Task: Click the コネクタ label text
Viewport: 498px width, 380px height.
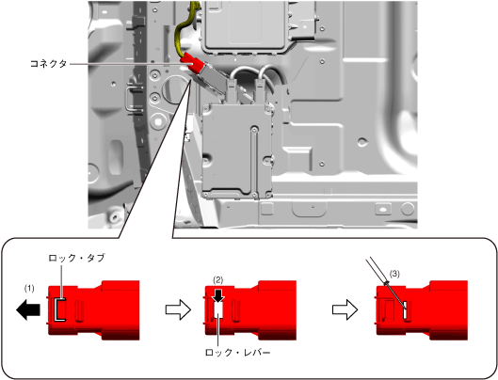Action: tap(48, 64)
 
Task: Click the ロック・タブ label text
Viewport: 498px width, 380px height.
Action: tap(76, 258)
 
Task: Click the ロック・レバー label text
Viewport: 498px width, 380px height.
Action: tap(238, 353)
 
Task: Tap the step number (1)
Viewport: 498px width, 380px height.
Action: tap(29, 288)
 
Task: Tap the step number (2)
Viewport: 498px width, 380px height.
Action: tap(217, 279)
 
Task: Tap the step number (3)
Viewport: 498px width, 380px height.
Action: tap(394, 274)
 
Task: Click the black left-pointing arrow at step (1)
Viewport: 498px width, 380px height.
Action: tap(28, 309)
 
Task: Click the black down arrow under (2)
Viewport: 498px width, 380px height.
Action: tap(218, 295)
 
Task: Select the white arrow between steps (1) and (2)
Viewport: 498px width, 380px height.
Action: tap(178, 309)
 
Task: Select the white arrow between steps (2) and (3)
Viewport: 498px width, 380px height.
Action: tap(345, 309)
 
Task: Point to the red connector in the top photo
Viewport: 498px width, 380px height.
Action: tap(191, 64)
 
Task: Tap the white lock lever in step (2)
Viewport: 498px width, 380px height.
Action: tap(218, 309)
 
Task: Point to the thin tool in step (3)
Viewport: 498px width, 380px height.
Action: tap(386, 284)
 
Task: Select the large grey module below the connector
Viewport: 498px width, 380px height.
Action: tap(237, 150)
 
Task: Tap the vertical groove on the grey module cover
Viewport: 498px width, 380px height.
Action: tap(254, 159)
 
